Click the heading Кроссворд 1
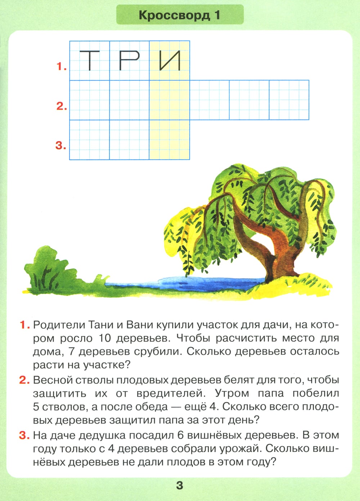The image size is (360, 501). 179,15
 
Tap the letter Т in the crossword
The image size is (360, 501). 89,60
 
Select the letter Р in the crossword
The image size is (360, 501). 129,60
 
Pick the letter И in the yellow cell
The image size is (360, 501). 170,60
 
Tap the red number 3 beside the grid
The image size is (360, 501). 60,146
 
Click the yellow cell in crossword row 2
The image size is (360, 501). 170,100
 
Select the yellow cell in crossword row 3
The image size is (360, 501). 170,140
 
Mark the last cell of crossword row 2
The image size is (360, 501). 289,100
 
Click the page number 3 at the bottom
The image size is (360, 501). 180,485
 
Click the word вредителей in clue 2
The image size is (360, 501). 167,393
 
